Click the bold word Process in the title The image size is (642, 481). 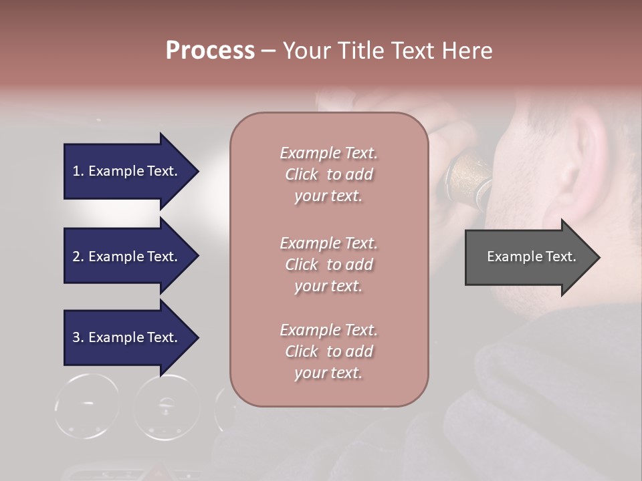point(210,51)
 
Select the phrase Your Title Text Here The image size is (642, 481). point(387,51)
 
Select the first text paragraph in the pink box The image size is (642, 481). point(328,174)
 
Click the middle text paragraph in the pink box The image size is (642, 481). point(328,265)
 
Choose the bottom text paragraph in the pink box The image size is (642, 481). point(328,351)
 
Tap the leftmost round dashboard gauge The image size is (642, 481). point(87,406)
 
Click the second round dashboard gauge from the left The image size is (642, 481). point(167,407)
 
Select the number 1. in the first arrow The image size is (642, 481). point(78,171)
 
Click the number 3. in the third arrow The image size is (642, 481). point(78,337)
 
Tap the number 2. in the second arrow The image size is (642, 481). point(78,257)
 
